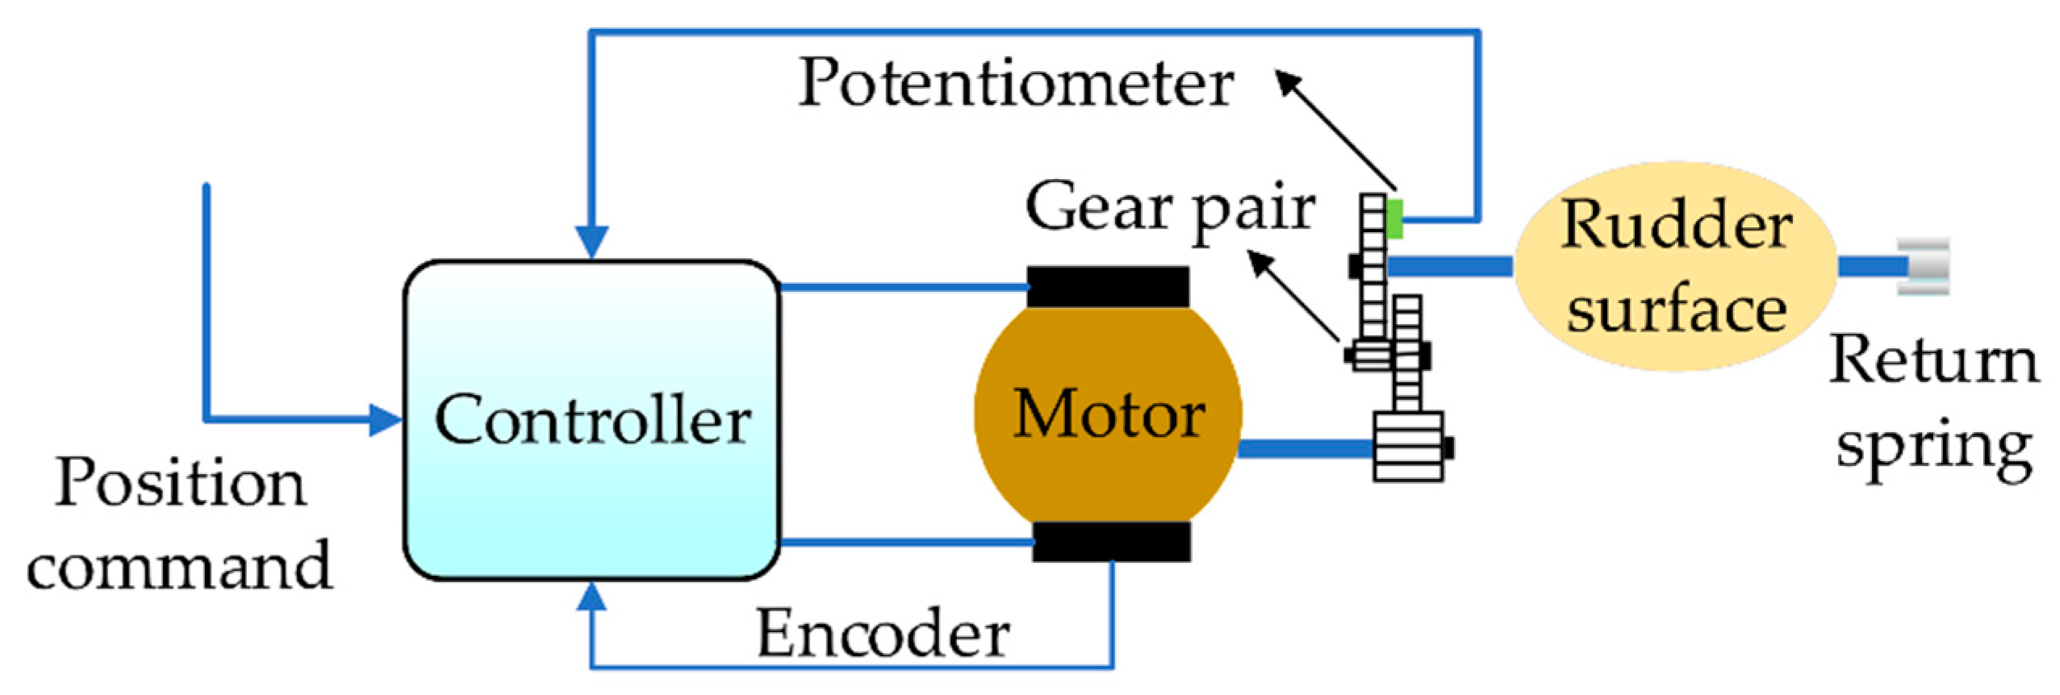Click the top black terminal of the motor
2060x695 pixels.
point(1108,286)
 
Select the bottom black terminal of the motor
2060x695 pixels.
point(1111,540)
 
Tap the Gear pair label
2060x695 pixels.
point(1169,209)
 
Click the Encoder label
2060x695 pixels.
point(883,634)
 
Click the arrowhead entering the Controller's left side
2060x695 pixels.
point(387,420)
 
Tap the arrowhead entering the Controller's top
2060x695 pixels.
point(591,242)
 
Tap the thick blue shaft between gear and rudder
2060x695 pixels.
point(1448,265)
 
